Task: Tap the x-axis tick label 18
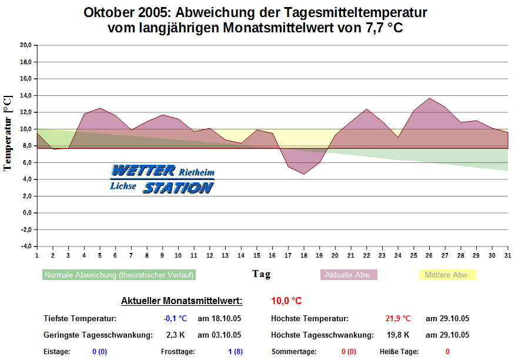[x=304, y=255]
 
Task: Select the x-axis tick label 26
[x=429, y=255]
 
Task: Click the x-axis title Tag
[x=262, y=274]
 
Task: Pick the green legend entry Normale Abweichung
[x=119, y=275]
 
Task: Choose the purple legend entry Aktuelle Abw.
[x=349, y=275]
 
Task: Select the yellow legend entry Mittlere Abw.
[x=447, y=275]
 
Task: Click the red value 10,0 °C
[x=286, y=301]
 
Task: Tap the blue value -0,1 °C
[x=175, y=319]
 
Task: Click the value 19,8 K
[x=397, y=335]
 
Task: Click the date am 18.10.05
[x=219, y=319]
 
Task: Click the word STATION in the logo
[x=178, y=188]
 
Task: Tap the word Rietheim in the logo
[x=196, y=173]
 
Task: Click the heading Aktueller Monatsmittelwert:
[x=182, y=301]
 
